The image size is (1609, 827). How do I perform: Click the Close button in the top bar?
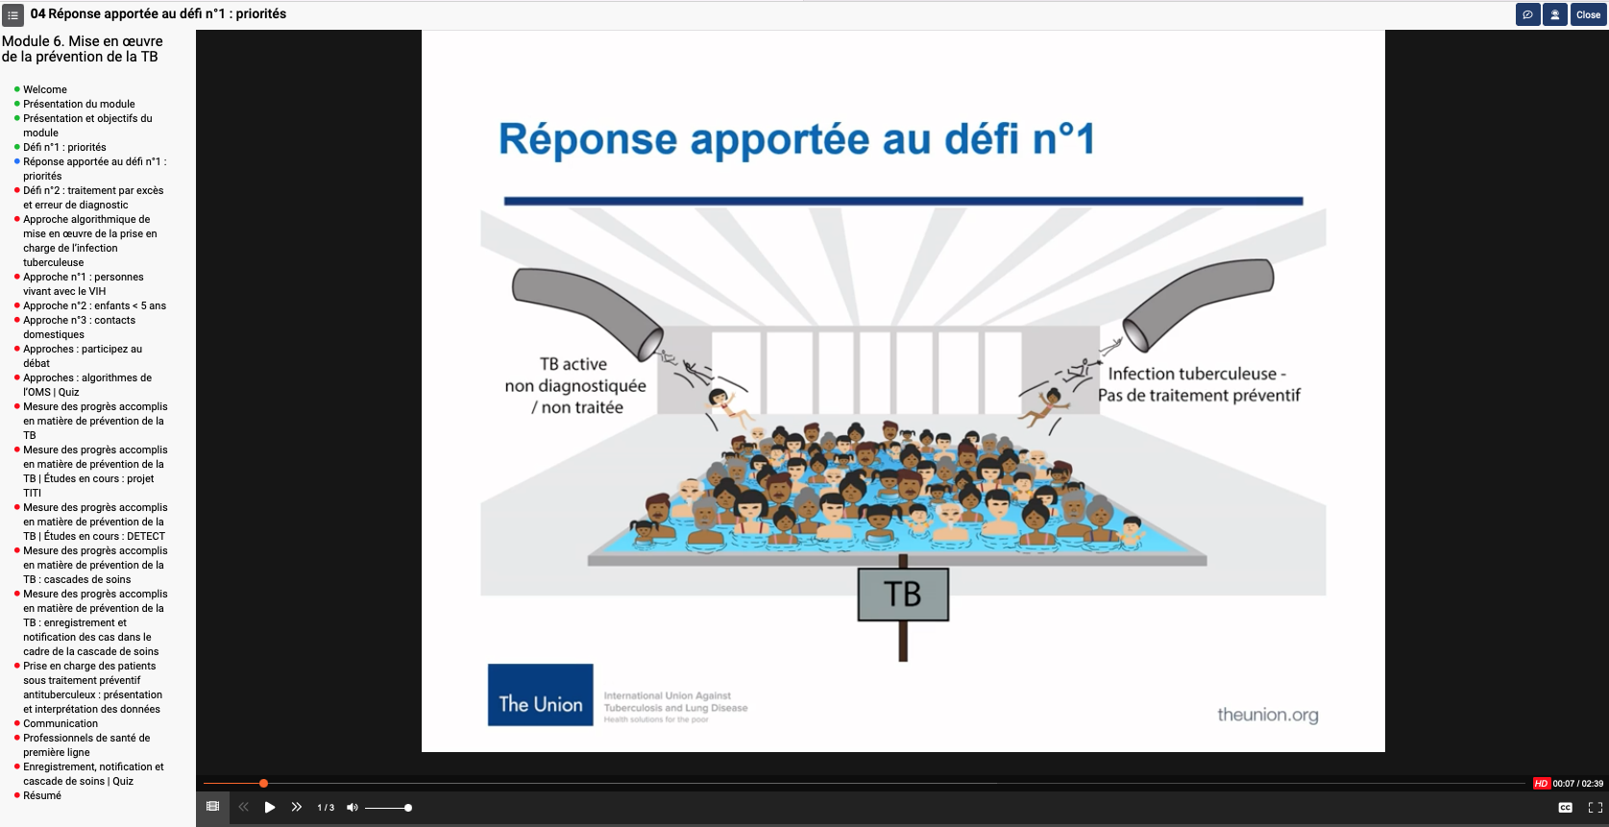[x=1588, y=14]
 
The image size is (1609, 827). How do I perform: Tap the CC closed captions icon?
[x=1565, y=808]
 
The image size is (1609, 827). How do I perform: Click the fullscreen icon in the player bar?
[x=1595, y=808]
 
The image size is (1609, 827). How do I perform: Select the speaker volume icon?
[x=353, y=808]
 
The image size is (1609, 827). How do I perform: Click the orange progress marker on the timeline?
[x=263, y=784]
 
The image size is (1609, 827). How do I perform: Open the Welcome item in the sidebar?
[x=45, y=89]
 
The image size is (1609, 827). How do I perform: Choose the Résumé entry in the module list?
[x=42, y=795]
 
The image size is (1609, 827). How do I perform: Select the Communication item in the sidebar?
[x=61, y=723]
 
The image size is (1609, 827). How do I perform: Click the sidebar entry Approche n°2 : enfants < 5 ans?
[x=94, y=305]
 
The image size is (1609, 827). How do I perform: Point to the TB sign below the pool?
[x=902, y=594]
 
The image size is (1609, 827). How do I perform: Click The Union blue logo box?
[x=540, y=694]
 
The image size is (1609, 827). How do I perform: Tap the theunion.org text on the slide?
[x=1267, y=715]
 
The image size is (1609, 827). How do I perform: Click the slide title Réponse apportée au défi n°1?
[x=796, y=139]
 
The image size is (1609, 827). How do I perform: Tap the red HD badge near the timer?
[x=1541, y=784]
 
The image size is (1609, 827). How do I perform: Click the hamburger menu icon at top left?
[x=12, y=14]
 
